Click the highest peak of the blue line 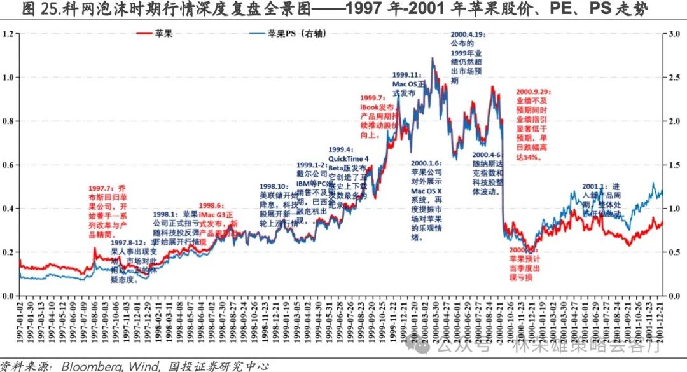tap(433, 59)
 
